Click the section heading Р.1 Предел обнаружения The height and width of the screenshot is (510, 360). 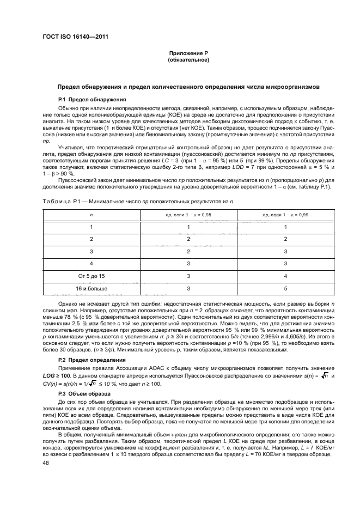92,99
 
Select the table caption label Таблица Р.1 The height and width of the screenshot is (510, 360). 61,202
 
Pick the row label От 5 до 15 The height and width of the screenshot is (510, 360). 91,276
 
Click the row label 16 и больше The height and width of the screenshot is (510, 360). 91,288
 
